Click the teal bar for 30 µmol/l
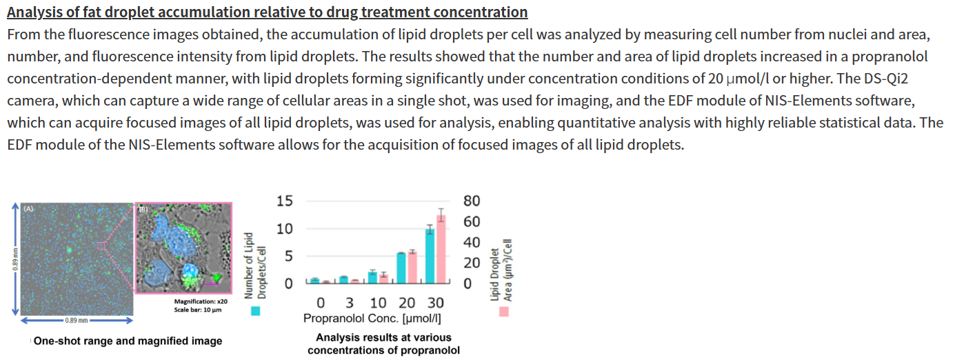[x=429, y=256]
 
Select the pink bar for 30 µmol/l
[x=441, y=250]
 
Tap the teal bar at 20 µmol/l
[x=401, y=268]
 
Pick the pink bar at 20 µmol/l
[x=412, y=268]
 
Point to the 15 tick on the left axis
[x=284, y=201]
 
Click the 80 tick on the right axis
[x=472, y=201]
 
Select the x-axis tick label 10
[x=378, y=303]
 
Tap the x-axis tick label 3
[x=350, y=303]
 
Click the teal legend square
[x=256, y=311]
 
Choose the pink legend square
[x=504, y=311]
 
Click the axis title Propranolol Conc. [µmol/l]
[x=372, y=319]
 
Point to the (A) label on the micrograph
[x=29, y=208]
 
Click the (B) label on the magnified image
[x=143, y=209]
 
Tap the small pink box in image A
[x=101, y=245]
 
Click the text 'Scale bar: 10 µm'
[x=201, y=310]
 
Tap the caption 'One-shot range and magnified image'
[x=128, y=341]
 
